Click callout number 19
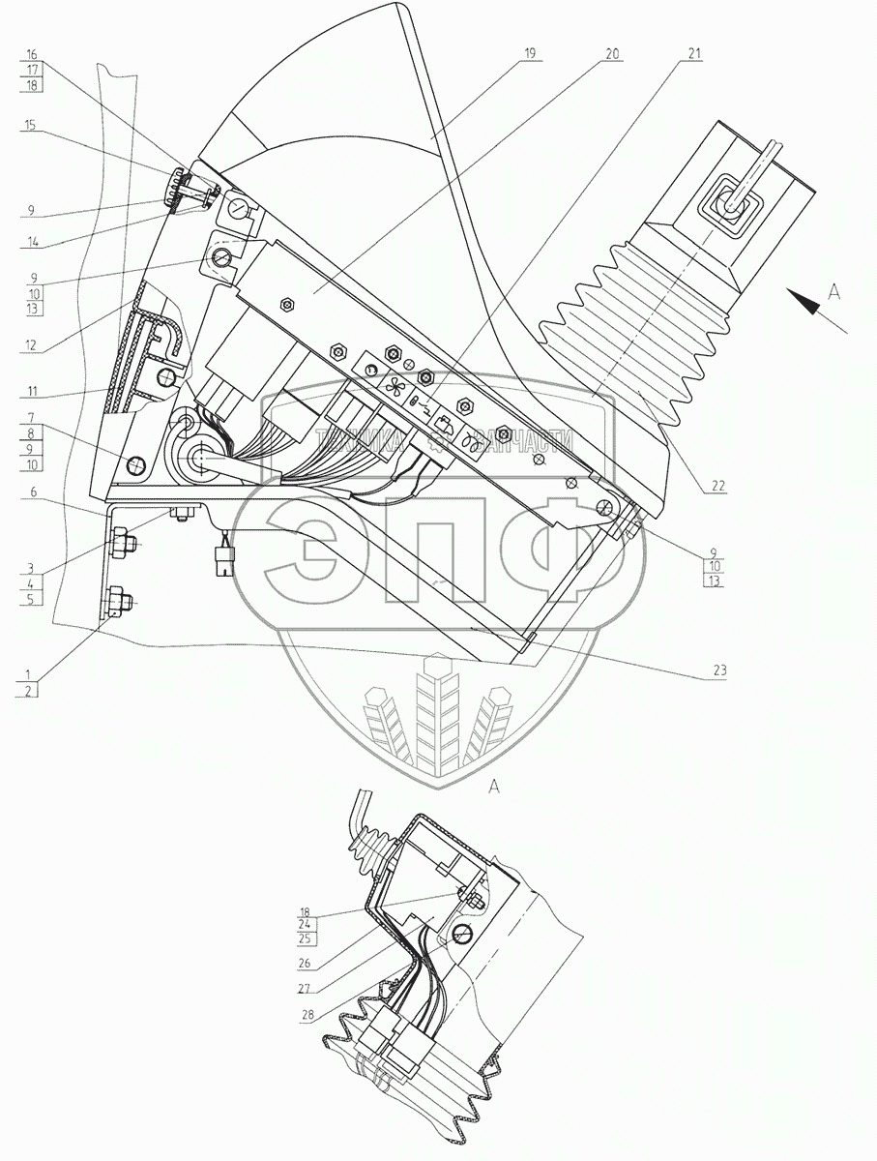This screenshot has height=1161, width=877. (529, 55)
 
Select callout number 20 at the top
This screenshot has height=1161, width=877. (611, 55)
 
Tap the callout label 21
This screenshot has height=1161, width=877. (694, 55)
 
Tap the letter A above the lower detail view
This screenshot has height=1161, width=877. (494, 788)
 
